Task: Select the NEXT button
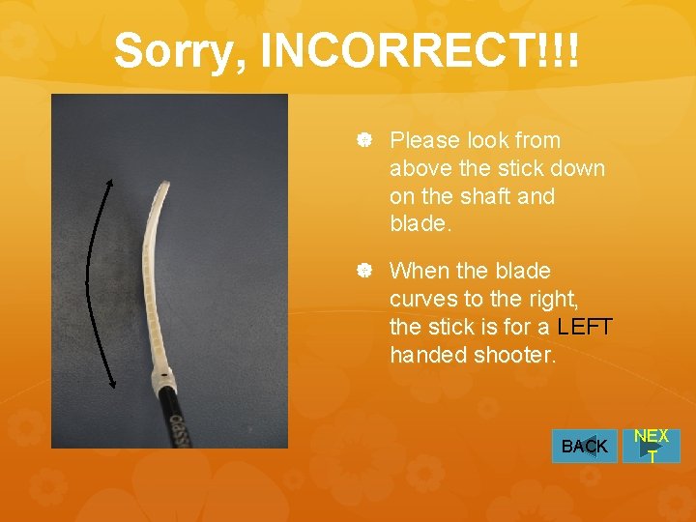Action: [x=652, y=447]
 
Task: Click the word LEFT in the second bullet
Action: [x=585, y=327]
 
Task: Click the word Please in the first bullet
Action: [x=426, y=140]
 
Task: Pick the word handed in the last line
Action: [x=428, y=355]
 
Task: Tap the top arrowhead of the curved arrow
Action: [x=108, y=181]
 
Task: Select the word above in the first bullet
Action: [x=422, y=168]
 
